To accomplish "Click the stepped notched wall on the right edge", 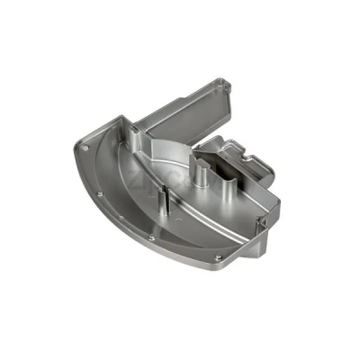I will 256,162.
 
